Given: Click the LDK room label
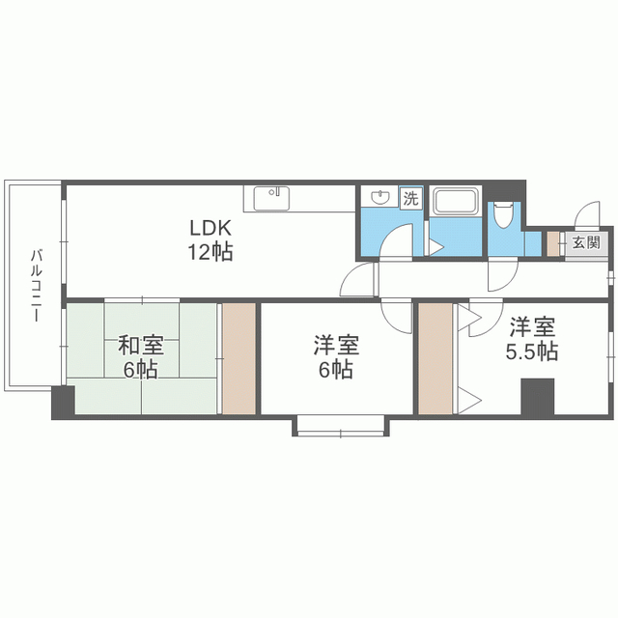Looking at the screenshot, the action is tap(211, 228).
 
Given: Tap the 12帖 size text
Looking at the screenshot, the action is tap(211, 251).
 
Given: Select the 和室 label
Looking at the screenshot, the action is tap(141, 346).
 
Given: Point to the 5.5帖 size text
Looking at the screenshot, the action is tap(532, 351).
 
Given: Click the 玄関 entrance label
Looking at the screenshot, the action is tap(586, 242).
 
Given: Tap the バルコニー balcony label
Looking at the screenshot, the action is tap(37, 286).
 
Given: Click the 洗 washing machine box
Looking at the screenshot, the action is tap(411, 198).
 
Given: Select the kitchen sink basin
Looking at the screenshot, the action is tap(271, 199).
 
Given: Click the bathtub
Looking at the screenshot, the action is tap(455, 201).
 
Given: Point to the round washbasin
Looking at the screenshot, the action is tap(380, 197).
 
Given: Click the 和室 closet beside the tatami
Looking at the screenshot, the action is tap(239, 358).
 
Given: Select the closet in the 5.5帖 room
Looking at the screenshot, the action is tap(435, 358).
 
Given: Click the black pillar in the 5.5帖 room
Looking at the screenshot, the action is tap(538, 396).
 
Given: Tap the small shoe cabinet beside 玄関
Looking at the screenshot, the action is tap(553, 244).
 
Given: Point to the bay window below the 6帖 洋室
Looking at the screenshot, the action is tap(341, 426).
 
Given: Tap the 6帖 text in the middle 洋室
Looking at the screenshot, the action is tap(336, 370).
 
